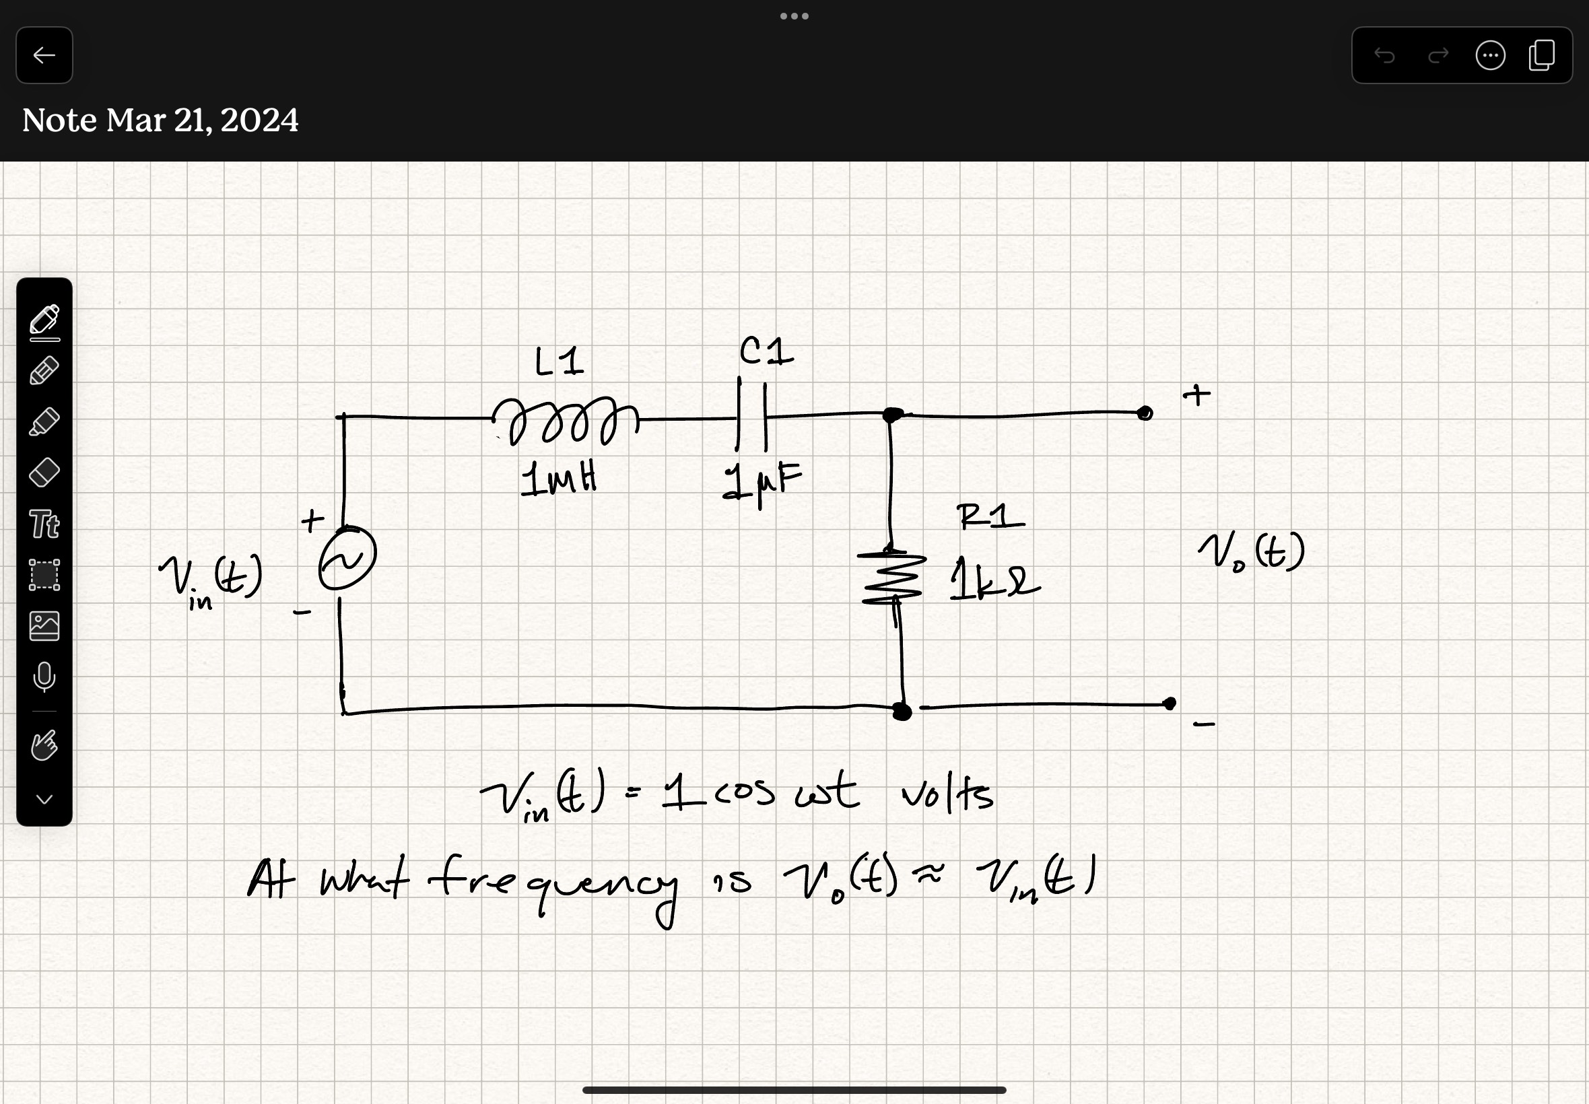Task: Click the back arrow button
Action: pyautogui.click(x=44, y=55)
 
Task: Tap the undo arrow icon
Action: pyautogui.click(x=1384, y=55)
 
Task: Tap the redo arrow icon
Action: pyautogui.click(x=1438, y=55)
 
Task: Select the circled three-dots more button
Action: pyautogui.click(x=1490, y=55)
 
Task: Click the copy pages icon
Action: pyautogui.click(x=1542, y=55)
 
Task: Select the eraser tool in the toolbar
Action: pyautogui.click(x=44, y=473)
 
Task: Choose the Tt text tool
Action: pyautogui.click(x=44, y=524)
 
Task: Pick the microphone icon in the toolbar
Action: pyautogui.click(x=44, y=677)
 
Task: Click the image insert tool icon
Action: pyautogui.click(x=44, y=626)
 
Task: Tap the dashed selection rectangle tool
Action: pyautogui.click(x=44, y=575)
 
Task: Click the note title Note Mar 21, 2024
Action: pyautogui.click(x=160, y=120)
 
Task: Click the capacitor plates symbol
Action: pyautogui.click(x=752, y=417)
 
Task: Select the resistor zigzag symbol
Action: pyautogui.click(x=892, y=578)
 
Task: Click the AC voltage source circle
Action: pyautogui.click(x=347, y=558)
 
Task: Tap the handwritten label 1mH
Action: pyautogui.click(x=558, y=479)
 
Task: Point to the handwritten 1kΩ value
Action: pyautogui.click(x=993, y=581)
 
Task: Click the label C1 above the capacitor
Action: pyautogui.click(x=766, y=352)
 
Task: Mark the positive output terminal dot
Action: pyautogui.click(x=1145, y=413)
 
